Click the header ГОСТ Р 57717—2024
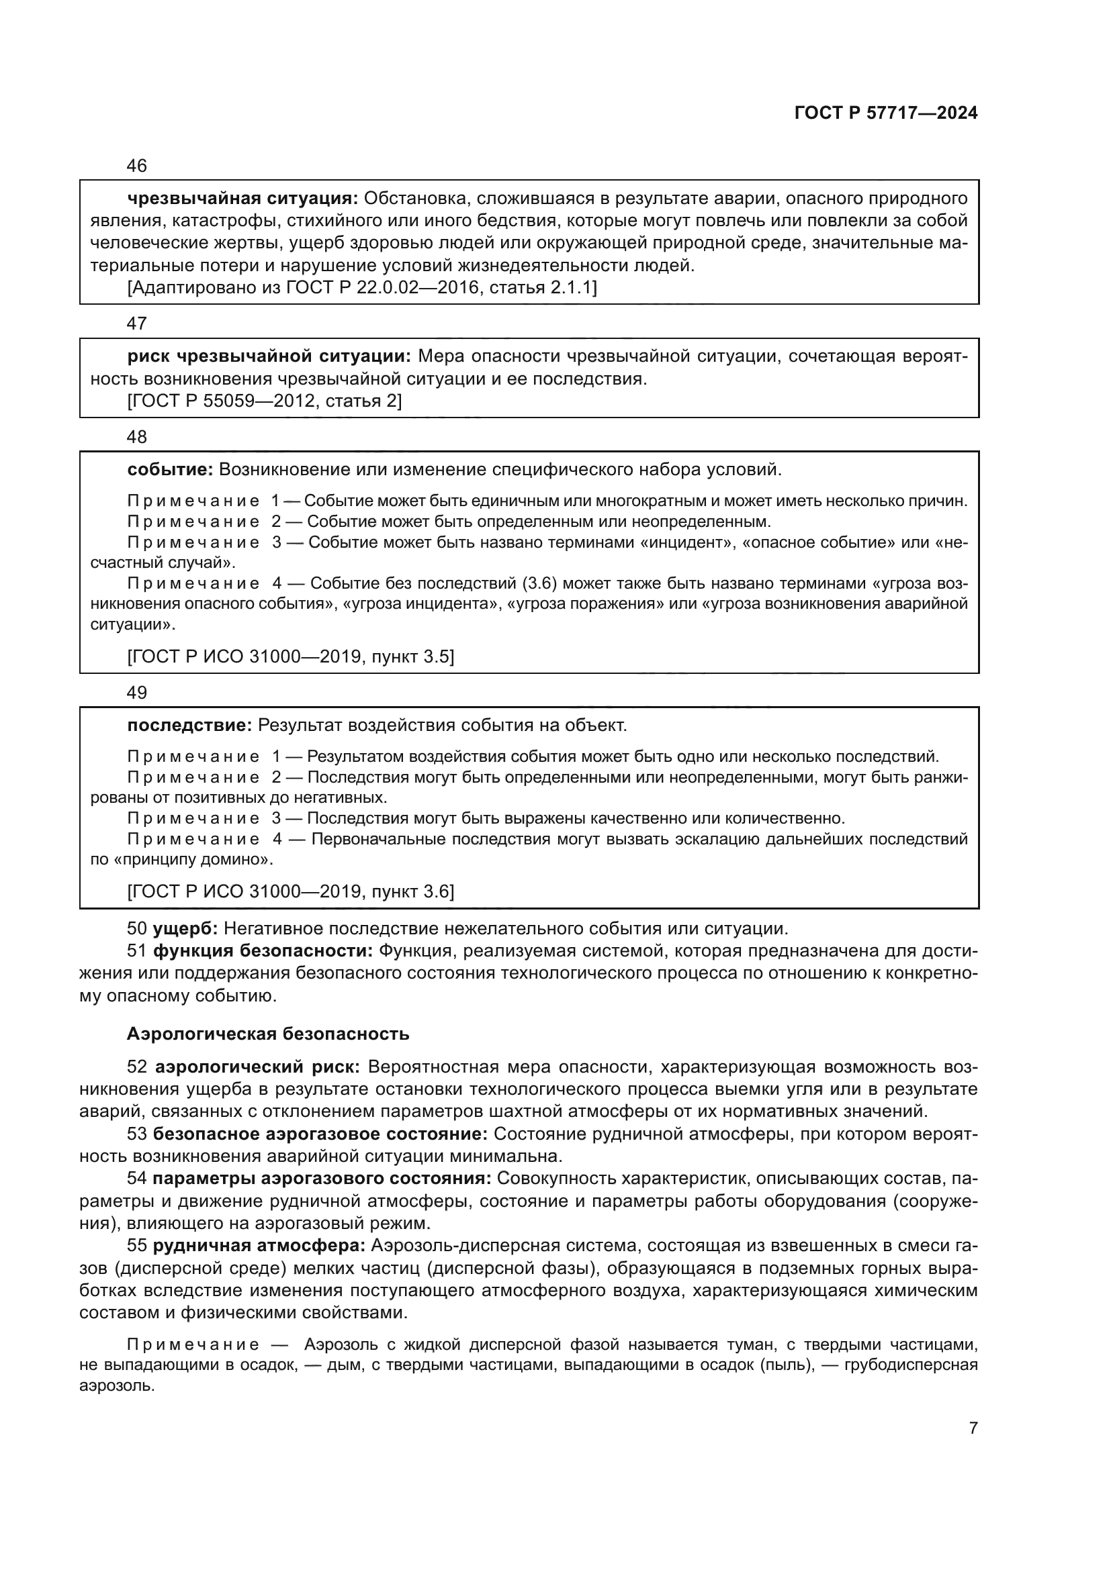coord(886,113)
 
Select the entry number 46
coord(137,166)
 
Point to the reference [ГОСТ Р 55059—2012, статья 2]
coord(265,401)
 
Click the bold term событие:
coord(171,469)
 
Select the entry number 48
coord(137,436)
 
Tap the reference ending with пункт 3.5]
coord(291,656)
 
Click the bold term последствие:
coord(189,725)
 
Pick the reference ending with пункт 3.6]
coord(291,891)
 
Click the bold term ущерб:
coord(185,928)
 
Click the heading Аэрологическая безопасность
coord(268,1033)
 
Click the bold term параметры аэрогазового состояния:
coord(322,1179)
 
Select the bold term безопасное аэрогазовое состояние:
coord(320,1134)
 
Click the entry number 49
coord(137,693)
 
